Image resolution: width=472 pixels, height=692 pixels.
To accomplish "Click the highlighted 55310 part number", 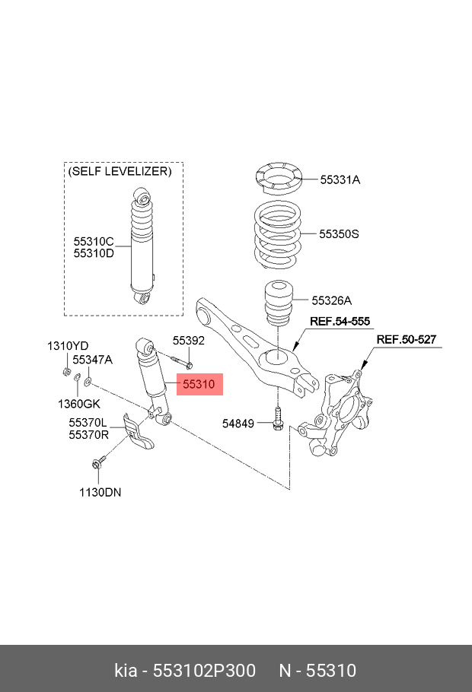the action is (x=199, y=384).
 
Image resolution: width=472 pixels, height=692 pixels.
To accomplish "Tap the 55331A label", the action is (x=340, y=179).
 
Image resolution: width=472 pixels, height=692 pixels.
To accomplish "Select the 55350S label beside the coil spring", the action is (x=339, y=234).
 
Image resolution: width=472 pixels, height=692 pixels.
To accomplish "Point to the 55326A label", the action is (x=331, y=300).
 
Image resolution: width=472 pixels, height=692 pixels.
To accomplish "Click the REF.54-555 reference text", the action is (x=340, y=321).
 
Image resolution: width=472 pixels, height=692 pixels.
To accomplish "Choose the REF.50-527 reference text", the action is (x=407, y=339).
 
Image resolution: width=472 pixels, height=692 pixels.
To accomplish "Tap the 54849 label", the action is (x=238, y=424).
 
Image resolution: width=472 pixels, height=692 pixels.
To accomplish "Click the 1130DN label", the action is (x=100, y=492).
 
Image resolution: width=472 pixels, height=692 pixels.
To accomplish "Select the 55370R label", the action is (x=88, y=435).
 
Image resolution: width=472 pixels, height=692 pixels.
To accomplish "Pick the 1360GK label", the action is (x=79, y=404).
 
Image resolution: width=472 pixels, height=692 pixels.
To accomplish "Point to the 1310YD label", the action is (x=68, y=346).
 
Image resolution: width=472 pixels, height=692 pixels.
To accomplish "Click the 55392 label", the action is (x=189, y=341).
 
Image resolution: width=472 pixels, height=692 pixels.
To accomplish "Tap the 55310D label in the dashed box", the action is (x=94, y=254).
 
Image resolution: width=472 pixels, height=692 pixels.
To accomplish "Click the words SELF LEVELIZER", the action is (x=120, y=171).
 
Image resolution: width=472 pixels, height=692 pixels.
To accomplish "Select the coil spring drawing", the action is (x=278, y=234).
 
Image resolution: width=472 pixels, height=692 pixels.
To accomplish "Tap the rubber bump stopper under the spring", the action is (x=278, y=303).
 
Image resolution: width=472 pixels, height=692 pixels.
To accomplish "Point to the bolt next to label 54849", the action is (x=277, y=419).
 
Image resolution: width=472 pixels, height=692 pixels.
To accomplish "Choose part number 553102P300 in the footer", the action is (x=204, y=671).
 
